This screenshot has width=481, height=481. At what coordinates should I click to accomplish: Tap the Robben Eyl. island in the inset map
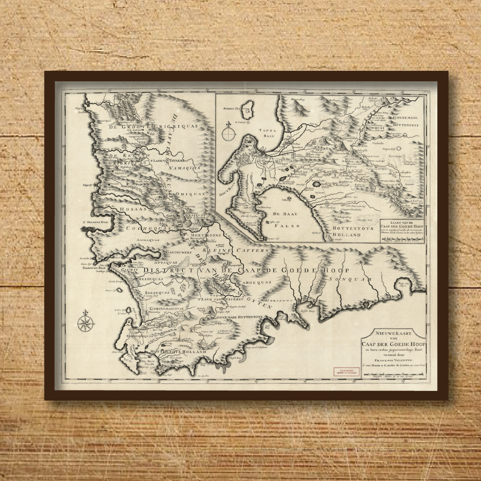(249, 106)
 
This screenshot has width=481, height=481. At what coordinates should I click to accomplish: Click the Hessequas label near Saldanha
(139, 279)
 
